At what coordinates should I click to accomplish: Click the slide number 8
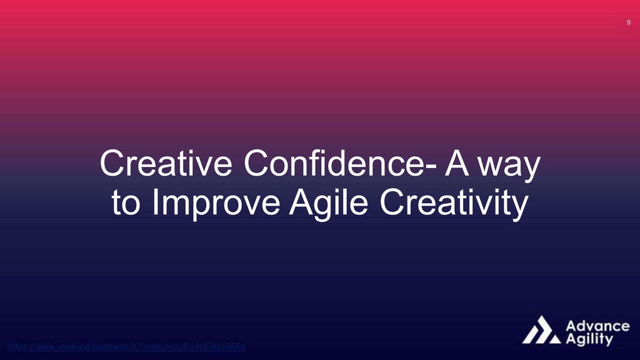(x=628, y=23)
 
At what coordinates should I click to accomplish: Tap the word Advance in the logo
(x=597, y=326)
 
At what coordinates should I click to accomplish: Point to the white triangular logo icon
(x=541, y=330)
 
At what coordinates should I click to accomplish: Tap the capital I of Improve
(x=154, y=204)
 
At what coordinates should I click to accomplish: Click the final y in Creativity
(x=521, y=207)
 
